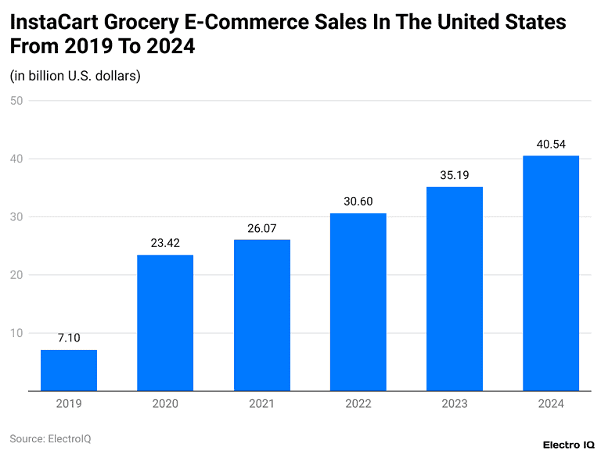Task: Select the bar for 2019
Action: (x=69, y=370)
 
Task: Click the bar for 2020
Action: (x=165, y=323)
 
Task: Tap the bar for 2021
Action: (x=261, y=315)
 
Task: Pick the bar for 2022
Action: (x=358, y=302)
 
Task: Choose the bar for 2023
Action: (x=454, y=288)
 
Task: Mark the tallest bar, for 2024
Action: (x=550, y=273)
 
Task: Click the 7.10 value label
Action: (x=69, y=338)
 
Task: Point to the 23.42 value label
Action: (x=165, y=243)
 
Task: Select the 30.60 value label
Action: (x=358, y=202)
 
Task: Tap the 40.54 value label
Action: (x=550, y=144)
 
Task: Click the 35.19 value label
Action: (x=454, y=175)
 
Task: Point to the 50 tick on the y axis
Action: (x=16, y=101)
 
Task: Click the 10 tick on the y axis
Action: (x=16, y=333)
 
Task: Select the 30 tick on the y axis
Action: (x=16, y=216)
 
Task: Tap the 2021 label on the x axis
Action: (x=261, y=404)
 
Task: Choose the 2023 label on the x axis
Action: (x=454, y=404)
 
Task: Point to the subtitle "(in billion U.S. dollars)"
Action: (x=75, y=76)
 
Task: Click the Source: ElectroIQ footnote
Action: (x=50, y=439)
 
